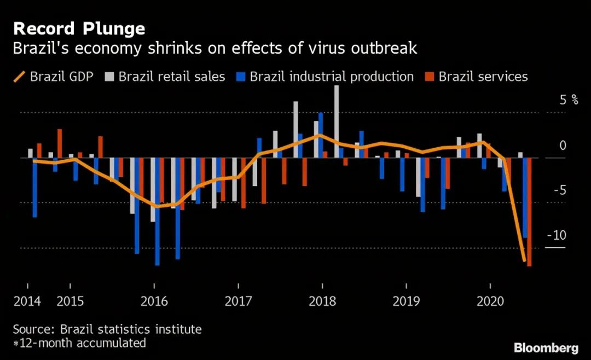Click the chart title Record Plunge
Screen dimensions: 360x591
79,28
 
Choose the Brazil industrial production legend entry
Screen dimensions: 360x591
326,77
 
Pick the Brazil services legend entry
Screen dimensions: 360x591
477,77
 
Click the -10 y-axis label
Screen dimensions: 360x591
556,236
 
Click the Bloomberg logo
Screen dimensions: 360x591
546,348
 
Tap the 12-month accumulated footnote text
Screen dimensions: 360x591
82,344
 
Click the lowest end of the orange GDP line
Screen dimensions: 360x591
524,261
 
